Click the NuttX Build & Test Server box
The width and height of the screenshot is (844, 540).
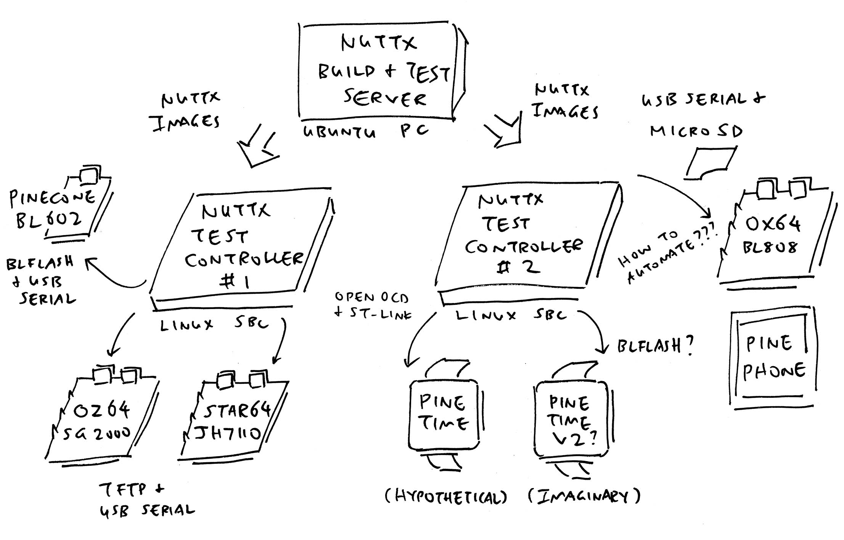coord(378,71)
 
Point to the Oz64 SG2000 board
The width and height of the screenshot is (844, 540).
coord(101,419)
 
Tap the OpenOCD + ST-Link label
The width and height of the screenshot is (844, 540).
coord(372,305)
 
